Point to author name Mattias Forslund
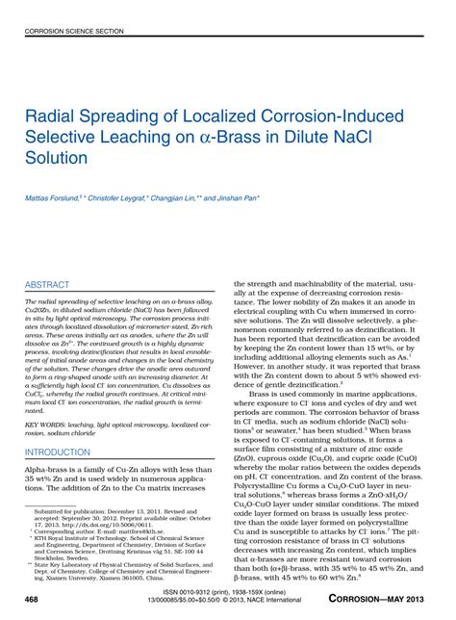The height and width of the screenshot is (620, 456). pos(56,197)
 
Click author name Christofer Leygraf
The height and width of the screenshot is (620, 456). pos(120,197)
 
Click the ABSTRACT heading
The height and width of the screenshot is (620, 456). pos(50,285)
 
